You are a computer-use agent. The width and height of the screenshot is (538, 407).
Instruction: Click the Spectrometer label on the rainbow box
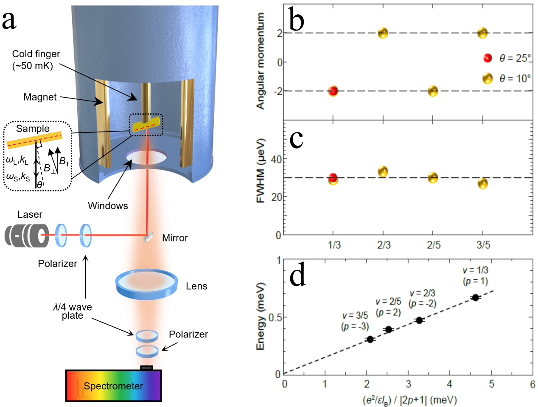pos(113,386)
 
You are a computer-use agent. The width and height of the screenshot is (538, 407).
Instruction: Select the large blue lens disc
pos(146,283)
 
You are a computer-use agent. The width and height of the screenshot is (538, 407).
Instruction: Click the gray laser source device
pos(27,235)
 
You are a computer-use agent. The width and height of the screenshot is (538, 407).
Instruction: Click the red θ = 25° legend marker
pos(488,58)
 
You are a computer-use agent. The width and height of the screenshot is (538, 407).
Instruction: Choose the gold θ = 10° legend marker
pos(488,78)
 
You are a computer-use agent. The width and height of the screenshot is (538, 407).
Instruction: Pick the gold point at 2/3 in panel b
pos(383,33)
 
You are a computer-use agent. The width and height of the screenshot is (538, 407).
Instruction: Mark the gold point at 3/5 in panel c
pos(482,183)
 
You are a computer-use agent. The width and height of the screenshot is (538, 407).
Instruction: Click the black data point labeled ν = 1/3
pos(475,298)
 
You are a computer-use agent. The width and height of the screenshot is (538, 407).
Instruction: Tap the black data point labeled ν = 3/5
pos(370,339)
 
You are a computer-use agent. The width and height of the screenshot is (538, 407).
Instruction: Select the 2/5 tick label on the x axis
pos(433,245)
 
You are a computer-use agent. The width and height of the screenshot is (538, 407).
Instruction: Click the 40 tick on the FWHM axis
pos(276,159)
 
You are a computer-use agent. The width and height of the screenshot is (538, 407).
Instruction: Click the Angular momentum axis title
pos(261,61)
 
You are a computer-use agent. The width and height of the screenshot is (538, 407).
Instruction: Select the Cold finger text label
pos(36,59)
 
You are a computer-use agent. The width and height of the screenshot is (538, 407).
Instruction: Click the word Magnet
pos(40,97)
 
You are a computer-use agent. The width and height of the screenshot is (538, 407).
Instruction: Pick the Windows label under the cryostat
pos(108,206)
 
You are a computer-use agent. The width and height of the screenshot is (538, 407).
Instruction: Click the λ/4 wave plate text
pos(72,311)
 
